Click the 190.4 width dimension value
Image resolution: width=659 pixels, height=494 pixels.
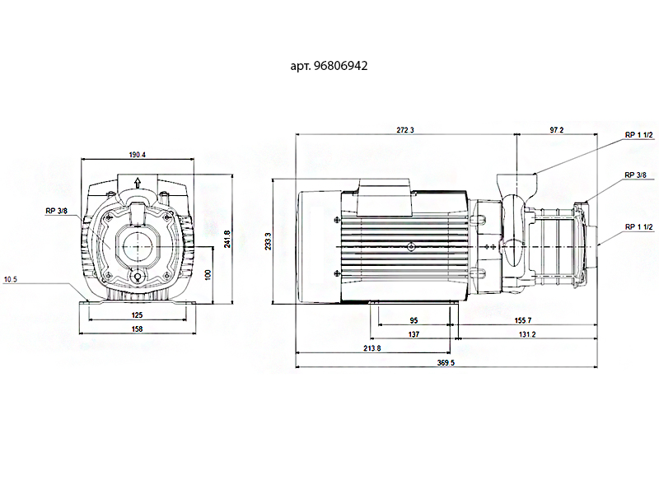[138, 155]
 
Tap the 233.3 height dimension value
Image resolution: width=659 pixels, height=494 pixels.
[269, 242]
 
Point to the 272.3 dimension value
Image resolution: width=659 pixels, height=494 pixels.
[404, 131]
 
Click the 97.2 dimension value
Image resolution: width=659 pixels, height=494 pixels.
[556, 131]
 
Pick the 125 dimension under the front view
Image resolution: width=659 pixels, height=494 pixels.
[138, 315]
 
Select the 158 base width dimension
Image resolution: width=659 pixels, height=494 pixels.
[138, 329]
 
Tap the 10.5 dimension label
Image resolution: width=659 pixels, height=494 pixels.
[11, 280]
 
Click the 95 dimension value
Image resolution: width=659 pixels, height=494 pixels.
[414, 321]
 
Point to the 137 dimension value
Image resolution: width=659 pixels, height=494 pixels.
[414, 335]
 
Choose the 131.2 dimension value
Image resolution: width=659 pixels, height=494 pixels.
[528, 335]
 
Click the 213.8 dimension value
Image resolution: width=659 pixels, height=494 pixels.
[372, 349]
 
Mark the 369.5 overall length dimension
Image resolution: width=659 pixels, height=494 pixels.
[446, 363]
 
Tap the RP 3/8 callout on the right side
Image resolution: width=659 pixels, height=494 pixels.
[635, 175]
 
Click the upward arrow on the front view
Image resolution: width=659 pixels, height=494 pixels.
[138, 183]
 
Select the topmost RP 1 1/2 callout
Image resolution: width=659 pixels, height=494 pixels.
[638, 134]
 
